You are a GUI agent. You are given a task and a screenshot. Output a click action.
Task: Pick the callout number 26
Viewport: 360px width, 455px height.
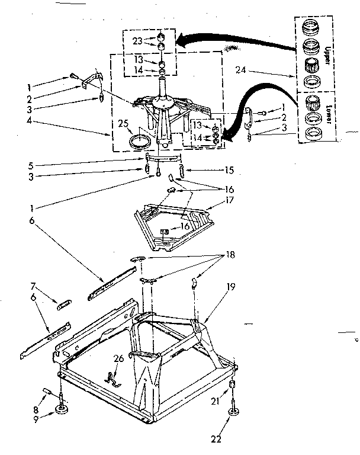(119, 358)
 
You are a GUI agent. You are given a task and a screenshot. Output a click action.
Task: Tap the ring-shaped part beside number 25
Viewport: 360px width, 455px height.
(140, 142)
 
